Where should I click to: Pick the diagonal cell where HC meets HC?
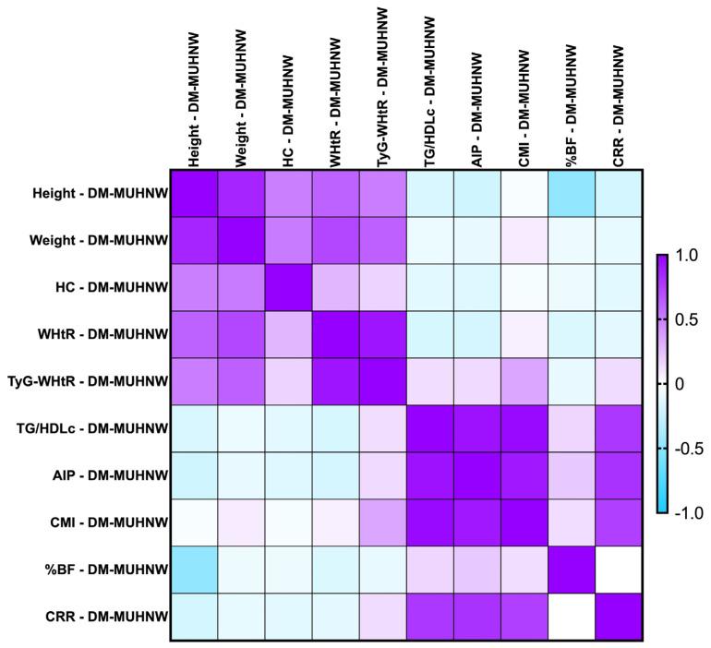pos(288,287)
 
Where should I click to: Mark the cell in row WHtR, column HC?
pos(288,334)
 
